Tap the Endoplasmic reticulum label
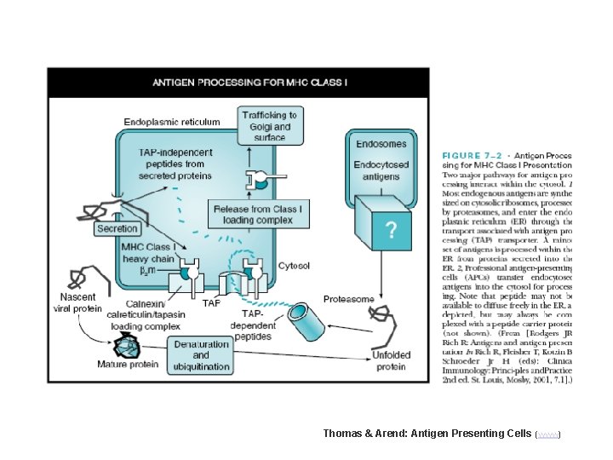[172, 122]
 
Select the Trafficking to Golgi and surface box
[270, 126]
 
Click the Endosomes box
[380, 144]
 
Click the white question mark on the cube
[391, 229]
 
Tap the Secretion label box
[117, 228]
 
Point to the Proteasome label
[348, 299]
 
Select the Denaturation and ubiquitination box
[201, 355]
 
